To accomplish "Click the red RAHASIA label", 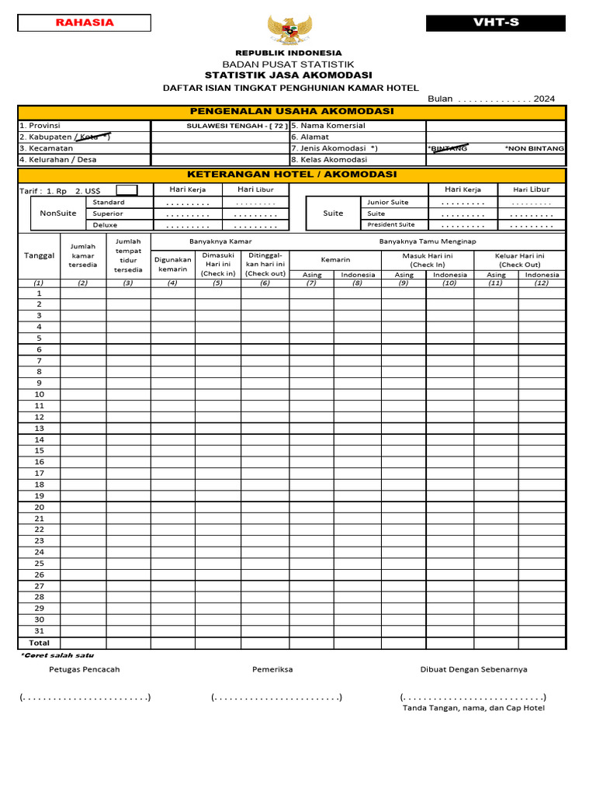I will pos(85,23).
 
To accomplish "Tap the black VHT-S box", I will pos(496,23).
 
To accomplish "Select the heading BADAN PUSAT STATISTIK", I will pos(288,64).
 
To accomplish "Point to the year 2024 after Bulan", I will pos(544,99).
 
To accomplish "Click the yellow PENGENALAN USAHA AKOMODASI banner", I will pos(291,112).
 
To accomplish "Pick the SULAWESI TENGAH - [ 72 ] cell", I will pos(237,126).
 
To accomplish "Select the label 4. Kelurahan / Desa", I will pos(53,160).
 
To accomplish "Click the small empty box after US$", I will pos(126,190).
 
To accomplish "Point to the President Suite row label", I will pos(391,224).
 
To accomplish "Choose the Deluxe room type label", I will pos(105,224).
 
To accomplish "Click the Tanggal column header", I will pos(39,255).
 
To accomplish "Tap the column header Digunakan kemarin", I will pos(173,264).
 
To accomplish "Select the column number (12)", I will pos(542,283).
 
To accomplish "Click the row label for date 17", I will pos(39,473).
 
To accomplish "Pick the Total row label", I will pos(39,643).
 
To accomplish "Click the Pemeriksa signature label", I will pos(272,669).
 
